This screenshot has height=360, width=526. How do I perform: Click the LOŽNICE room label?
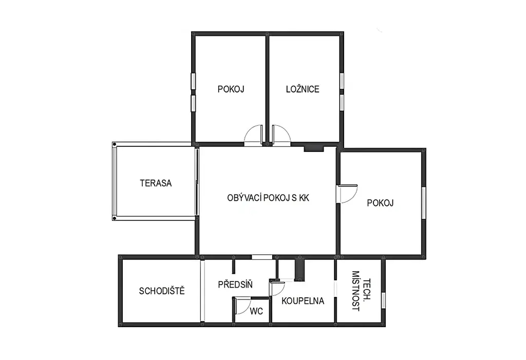[x=302, y=89]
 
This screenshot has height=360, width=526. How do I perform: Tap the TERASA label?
[x=156, y=183]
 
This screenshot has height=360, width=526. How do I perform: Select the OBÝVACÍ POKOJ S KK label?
[x=268, y=198]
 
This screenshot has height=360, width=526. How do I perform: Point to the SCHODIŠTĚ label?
[x=162, y=291]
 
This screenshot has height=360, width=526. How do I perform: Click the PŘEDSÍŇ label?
[x=235, y=285]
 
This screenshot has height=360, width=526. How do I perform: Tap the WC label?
[x=256, y=311]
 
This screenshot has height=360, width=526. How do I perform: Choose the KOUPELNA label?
[x=303, y=301]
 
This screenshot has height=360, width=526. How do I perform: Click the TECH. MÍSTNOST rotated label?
[x=361, y=291]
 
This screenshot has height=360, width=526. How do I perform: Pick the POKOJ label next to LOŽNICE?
[x=231, y=89]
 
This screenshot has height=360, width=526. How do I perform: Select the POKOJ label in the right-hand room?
[x=380, y=203]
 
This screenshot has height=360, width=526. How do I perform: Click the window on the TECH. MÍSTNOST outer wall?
[x=383, y=300]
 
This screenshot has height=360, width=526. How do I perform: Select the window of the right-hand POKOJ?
[x=424, y=203]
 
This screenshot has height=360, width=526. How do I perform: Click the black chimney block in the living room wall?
[x=314, y=148]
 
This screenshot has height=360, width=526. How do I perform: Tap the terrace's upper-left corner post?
[x=115, y=144]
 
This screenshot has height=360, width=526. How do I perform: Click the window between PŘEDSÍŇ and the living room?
[x=262, y=257]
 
